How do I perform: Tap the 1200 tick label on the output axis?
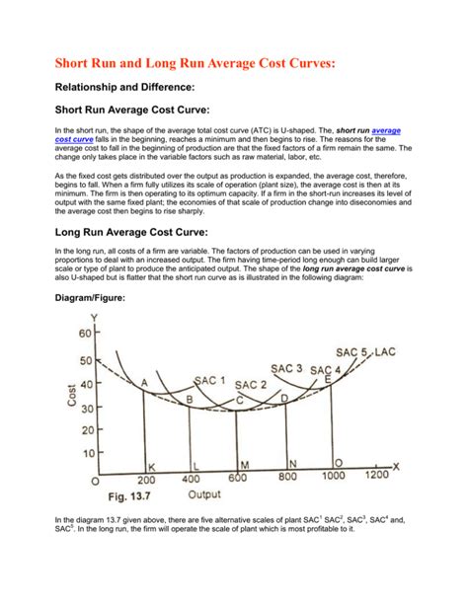pyautogui.click(x=376, y=476)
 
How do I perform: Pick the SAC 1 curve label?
pyautogui.click(x=209, y=380)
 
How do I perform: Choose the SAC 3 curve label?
pyautogui.click(x=287, y=369)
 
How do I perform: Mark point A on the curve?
pyautogui.click(x=145, y=383)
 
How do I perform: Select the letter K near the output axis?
pyautogui.click(x=151, y=466)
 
